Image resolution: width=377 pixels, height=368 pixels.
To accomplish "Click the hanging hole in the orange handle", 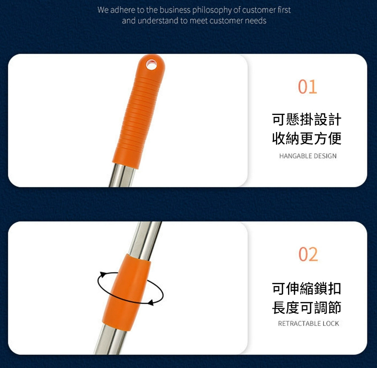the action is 151,65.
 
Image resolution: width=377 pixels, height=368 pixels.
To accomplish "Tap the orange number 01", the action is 308,87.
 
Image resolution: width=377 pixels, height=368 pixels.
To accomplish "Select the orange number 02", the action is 308,254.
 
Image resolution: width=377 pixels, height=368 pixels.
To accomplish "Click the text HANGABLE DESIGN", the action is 308,156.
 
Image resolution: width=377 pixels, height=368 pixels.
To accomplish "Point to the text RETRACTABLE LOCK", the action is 309,323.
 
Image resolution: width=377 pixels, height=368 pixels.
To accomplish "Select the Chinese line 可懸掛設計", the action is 307,119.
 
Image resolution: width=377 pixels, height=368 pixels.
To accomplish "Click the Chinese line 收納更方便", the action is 307,139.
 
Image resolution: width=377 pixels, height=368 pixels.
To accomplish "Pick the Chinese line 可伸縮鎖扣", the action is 307,288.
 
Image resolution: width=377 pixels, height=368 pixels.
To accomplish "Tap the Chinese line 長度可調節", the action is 307,307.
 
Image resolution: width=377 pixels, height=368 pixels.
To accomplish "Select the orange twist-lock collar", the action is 127,292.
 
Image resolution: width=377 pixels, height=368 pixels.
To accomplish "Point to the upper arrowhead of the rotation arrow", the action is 103,275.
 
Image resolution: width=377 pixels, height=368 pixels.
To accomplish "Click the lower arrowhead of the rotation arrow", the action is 151,302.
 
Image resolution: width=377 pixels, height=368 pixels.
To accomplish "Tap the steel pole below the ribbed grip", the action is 122,176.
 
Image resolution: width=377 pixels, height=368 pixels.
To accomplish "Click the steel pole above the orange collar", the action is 145,240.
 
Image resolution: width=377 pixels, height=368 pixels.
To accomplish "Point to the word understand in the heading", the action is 158,21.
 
